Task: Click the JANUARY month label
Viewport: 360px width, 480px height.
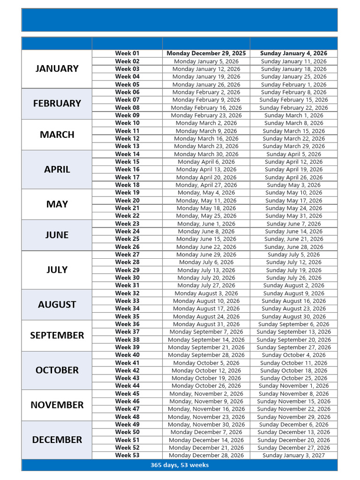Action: coord(57,68)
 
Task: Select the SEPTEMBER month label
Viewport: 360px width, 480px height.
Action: coord(57,335)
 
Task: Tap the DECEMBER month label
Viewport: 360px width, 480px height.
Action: coord(57,440)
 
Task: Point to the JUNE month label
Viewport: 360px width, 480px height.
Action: coord(57,235)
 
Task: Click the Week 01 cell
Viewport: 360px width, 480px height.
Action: coord(127,53)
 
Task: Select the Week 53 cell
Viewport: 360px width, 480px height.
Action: coord(127,455)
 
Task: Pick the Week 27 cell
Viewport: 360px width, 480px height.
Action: coord(127,255)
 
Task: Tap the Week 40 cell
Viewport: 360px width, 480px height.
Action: coord(127,355)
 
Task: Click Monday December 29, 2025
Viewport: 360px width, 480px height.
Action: coord(206,53)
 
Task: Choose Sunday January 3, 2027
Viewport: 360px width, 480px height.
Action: coord(293,455)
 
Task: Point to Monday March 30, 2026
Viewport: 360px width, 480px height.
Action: coord(206,154)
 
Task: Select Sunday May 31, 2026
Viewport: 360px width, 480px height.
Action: coord(293,216)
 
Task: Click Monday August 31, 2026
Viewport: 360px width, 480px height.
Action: coord(206,324)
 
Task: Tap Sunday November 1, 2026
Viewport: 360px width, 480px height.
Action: coord(293,386)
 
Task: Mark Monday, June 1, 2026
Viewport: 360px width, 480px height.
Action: coord(206,224)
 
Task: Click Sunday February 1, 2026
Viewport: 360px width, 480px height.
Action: coord(293,84)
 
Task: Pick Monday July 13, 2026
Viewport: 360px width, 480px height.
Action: coord(206,270)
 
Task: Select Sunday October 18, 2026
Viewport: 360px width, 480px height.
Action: coord(293,370)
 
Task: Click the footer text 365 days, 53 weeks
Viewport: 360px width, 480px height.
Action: coord(180,465)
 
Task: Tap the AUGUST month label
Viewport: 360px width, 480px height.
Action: coord(57,304)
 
